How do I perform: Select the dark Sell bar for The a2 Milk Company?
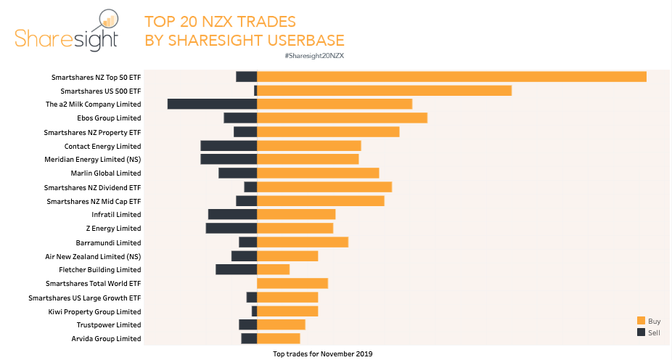tap(212, 104)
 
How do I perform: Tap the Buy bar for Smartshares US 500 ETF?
tap(385, 91)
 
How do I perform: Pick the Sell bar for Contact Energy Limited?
tap(229, 146)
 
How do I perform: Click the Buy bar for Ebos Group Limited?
tap(342, 118)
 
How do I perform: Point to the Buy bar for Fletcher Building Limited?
tap(274, 269)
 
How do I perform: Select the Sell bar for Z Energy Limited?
tap(231, 228)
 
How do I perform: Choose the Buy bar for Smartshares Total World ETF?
tap(292, 283)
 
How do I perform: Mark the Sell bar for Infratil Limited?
tap(232, 214)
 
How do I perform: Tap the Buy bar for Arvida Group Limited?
tap(279, 338)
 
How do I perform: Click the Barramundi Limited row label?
tap(108, 242)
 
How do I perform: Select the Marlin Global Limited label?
tap(106, 173)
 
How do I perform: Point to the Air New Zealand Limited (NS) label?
tap(93, 256)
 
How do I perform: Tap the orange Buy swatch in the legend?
tap(641, 321)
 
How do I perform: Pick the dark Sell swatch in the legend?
tap(641, 332)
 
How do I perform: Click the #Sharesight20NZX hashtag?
tap(315, 56)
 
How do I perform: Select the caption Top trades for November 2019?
tap(321, 353)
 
